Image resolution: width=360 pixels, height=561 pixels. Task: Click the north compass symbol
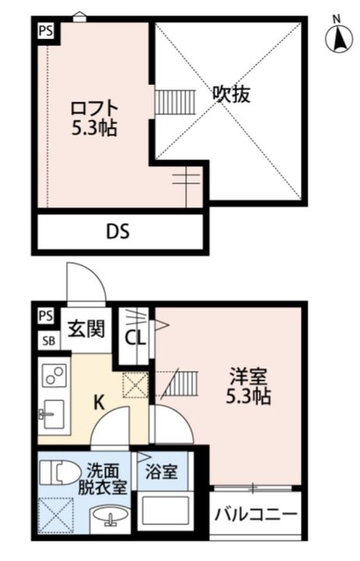(337, 37)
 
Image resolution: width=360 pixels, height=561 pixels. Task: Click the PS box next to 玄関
(46, 316)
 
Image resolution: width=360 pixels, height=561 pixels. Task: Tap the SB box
(47, 340)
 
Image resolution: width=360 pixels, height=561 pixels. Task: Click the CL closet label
(134, 338)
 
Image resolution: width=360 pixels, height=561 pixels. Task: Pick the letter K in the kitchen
(98, 403)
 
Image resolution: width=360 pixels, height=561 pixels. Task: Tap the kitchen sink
(52, 412)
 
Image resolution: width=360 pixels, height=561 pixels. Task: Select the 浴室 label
(162, 471)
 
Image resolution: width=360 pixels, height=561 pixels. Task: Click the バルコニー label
(256, 516)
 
